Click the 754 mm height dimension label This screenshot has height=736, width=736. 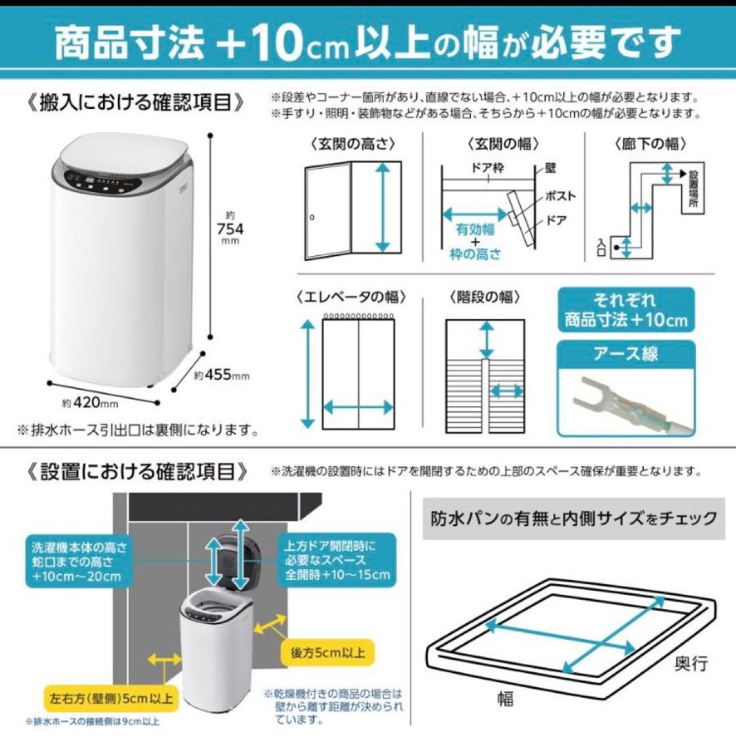230,228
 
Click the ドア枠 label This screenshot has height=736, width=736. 488,168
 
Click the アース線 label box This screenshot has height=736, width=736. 626,354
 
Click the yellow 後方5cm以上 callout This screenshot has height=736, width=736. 326,652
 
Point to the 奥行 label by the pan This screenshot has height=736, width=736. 690,662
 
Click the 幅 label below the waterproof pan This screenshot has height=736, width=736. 504,698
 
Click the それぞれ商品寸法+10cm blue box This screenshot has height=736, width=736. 626,309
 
